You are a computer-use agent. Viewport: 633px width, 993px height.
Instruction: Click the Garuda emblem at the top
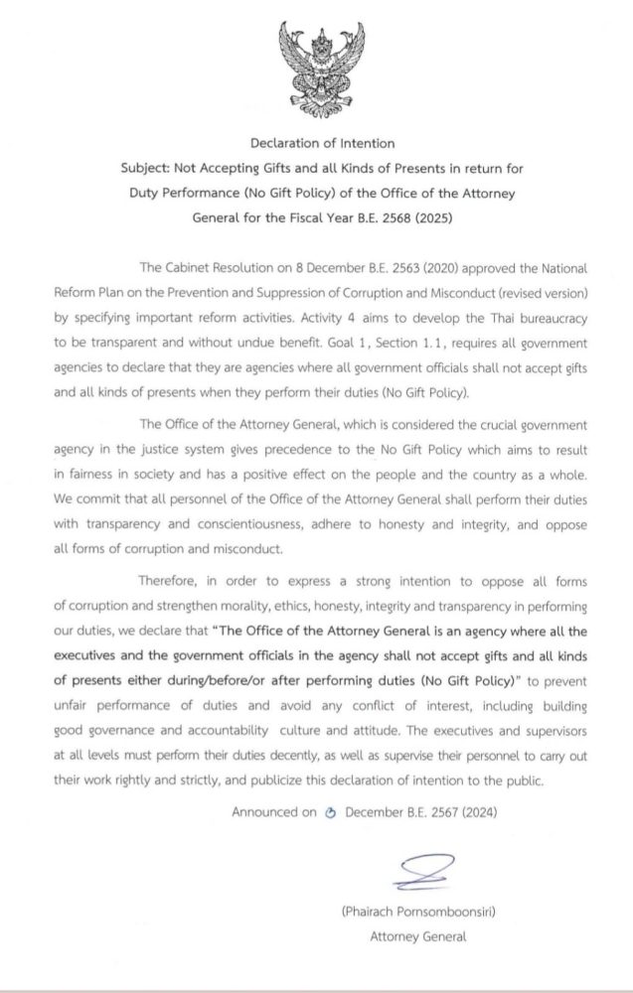[318, 65]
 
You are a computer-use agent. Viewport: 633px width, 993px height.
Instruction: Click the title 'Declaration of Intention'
[318, 145]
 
